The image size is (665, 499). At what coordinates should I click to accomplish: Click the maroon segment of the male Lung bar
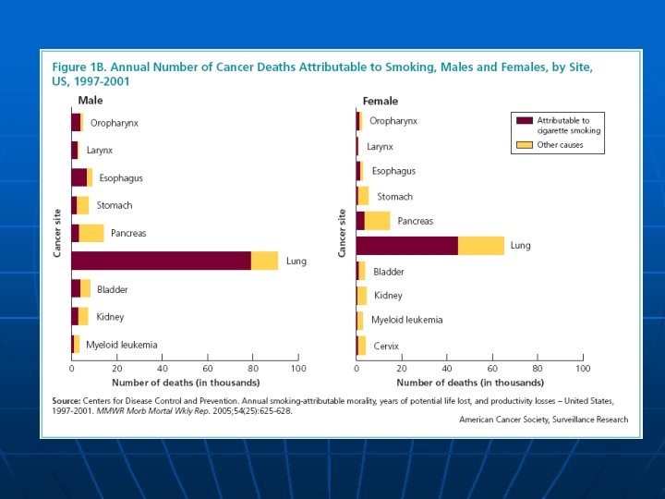point(161,261)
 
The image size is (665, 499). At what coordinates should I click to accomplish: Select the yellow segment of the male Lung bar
point(264,261)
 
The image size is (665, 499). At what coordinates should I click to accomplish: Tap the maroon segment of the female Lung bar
point(406,245)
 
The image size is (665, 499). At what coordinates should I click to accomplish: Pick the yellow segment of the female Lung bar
point(481,245)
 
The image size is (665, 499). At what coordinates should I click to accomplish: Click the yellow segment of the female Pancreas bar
point(377,221)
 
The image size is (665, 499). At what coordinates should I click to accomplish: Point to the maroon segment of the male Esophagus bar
point(79,177)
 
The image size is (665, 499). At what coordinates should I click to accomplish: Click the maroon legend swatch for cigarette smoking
point(525,120)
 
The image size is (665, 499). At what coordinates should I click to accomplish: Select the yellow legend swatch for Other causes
point(525,145)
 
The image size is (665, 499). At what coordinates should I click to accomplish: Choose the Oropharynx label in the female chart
point(393,121)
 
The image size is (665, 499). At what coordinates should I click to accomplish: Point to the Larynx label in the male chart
point(100,150)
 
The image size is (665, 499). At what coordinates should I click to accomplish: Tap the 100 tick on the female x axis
point(582,369)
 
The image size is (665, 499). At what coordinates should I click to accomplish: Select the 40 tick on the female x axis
point(446,369)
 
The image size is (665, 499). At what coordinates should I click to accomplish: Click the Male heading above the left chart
point(90,100)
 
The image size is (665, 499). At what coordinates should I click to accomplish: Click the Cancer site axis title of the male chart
point(57,232)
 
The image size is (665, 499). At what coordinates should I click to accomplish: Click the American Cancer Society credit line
point(543,420)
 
